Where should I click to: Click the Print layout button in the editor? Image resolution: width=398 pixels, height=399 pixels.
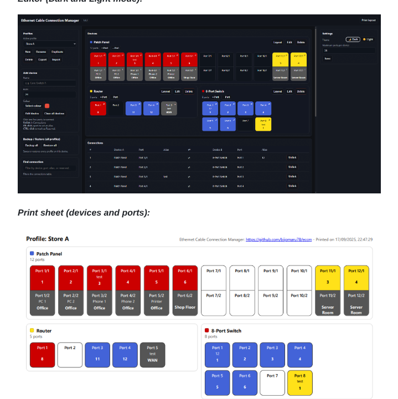coord(368,20)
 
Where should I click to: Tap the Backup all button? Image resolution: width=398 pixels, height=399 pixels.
coord(32,145)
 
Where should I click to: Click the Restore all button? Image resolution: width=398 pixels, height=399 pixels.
coord(50,145)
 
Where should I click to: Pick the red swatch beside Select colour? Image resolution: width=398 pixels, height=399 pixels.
coord(47,106)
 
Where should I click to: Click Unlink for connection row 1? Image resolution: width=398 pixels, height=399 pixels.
coord(292,157)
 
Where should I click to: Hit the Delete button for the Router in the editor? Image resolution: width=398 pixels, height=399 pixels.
coord(189,91)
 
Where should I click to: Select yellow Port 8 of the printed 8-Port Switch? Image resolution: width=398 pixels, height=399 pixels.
coord(299,382)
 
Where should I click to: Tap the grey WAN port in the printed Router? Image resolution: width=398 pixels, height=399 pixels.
coord(152,355)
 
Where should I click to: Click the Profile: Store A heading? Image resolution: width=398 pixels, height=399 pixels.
coord(48,239)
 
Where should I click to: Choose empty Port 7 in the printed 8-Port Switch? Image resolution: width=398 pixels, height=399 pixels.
coord(272,382)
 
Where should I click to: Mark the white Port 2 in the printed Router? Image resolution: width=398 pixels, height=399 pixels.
coord(70,355)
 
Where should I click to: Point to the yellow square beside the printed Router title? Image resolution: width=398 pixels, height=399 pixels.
coord(32,330)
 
